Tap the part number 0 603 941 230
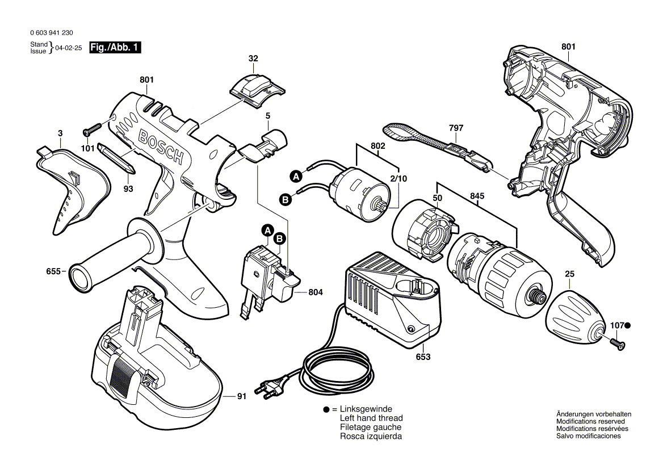(x=51, y=33)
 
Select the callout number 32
(x=253, y=58)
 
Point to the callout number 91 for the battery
(x=242, y=397)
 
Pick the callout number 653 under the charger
(x=423, y=357)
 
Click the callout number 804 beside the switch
(x=316, y=292)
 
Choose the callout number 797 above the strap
(x=456, y=128)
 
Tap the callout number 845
(x=477, y=196)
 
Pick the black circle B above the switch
(x=279, y=239)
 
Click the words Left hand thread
(x=371, y=418)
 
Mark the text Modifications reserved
(x=590, y=422)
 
